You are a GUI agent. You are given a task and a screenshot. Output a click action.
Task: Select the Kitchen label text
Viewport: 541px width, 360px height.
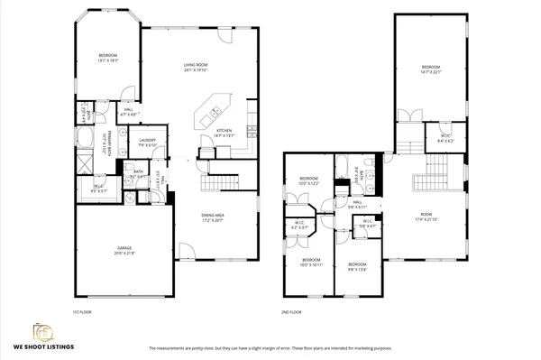[x=224, y=132]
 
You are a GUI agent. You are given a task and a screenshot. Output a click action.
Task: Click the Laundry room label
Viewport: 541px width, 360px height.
[x=147, y=142]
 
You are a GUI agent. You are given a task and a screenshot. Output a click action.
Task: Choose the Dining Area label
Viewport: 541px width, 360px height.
[x=213, y=217]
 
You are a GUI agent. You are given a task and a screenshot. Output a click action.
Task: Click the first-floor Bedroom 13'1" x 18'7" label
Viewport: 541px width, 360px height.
[x=108, y=58]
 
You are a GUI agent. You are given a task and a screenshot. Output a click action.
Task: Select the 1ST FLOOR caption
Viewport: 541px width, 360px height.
[x=83, y=311]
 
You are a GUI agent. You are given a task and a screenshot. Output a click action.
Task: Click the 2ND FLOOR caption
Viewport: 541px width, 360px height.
[x=291, y=311]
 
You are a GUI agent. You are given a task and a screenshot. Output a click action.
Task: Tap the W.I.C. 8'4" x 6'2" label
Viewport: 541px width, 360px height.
[x=445, y=140]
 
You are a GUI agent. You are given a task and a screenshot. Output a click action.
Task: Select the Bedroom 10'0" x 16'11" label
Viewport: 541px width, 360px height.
[x=309, y=264]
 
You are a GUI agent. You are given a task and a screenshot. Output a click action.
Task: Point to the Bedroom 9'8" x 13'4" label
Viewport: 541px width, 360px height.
[x=358, y=265]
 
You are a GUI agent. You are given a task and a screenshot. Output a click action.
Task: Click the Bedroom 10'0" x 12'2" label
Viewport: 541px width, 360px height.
[x=309, y=181]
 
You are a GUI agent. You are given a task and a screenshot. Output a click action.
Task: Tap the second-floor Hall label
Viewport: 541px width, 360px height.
[x=357, y=204]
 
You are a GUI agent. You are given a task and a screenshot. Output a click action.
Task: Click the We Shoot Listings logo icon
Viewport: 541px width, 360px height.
[x=42, y=331]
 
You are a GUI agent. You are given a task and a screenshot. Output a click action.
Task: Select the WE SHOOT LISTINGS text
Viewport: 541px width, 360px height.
[x=43, y=346]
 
